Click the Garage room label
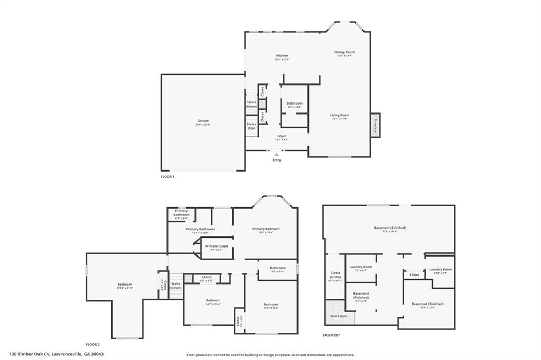pyautogui.click(x=203, y=121)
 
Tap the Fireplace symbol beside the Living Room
pyautogui.click(x=376, y=125)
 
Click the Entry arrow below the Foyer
pyautogui.click(x=276, y=154)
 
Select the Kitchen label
pyautogui.click(x=283, y=56)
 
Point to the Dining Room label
pyautogui.click(x=344, y=52)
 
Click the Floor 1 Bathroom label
pyautogui.click(x=295, y=103)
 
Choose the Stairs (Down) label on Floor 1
pyautogui.click(x=251, y=104)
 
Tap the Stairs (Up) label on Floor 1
pyautogui.click(x=251, y=126)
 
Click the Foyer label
pyautogui.click(x=282, y=136)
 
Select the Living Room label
pyautogui.click(x=340, y=115)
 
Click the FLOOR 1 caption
pyautogui.click(x=167, y=176)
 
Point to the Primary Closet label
pyautogui.click(x=217, y=247)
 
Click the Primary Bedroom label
pyautogui.click(x=266, y=229)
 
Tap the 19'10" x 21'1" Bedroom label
pyautogui.click(x=125, y=286)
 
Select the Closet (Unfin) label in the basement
pyautogui.click(x=335, y=275)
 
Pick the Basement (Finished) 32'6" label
pyautogui.click(x=390, y=228)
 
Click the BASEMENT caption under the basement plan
pyautogui.click(x=331, y=335)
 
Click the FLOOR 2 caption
pyautogui.click(x=92, y=344)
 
